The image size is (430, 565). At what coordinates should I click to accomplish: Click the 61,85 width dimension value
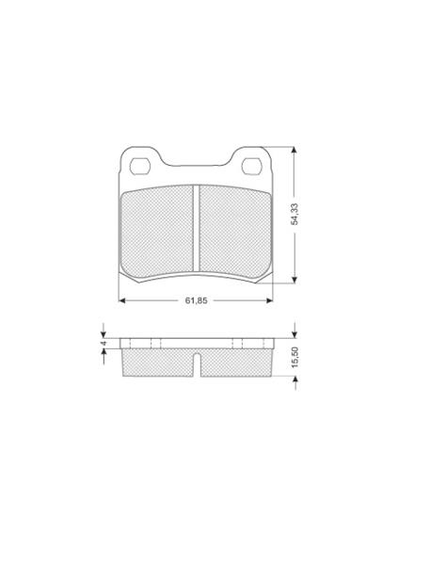pyautogui.click(x=197, y=300)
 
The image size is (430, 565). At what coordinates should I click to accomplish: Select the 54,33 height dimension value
pyautogui.click(x=295, y=215)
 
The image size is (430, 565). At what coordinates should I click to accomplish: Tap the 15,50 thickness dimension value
pyautogui.click(x=295, y=357)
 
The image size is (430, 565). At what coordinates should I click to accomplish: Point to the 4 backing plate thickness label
pyautogui.click(x=104, y=344)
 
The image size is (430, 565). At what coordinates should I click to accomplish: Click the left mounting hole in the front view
pyautogui.click(x=140, y=166)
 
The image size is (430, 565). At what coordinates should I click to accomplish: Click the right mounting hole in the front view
pyautogui.click(x=251, y=166)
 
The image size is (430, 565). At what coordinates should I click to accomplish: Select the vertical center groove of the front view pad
pyautogui.click(x=196, y=228)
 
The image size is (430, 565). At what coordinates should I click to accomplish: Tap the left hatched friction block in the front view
pyautogui.click(x=157, y=234)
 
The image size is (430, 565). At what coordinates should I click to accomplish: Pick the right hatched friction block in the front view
pyautogui.click(x=235, y=234)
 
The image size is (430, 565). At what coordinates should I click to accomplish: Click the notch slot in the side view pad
pyautogui.click(x=197, y=364)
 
